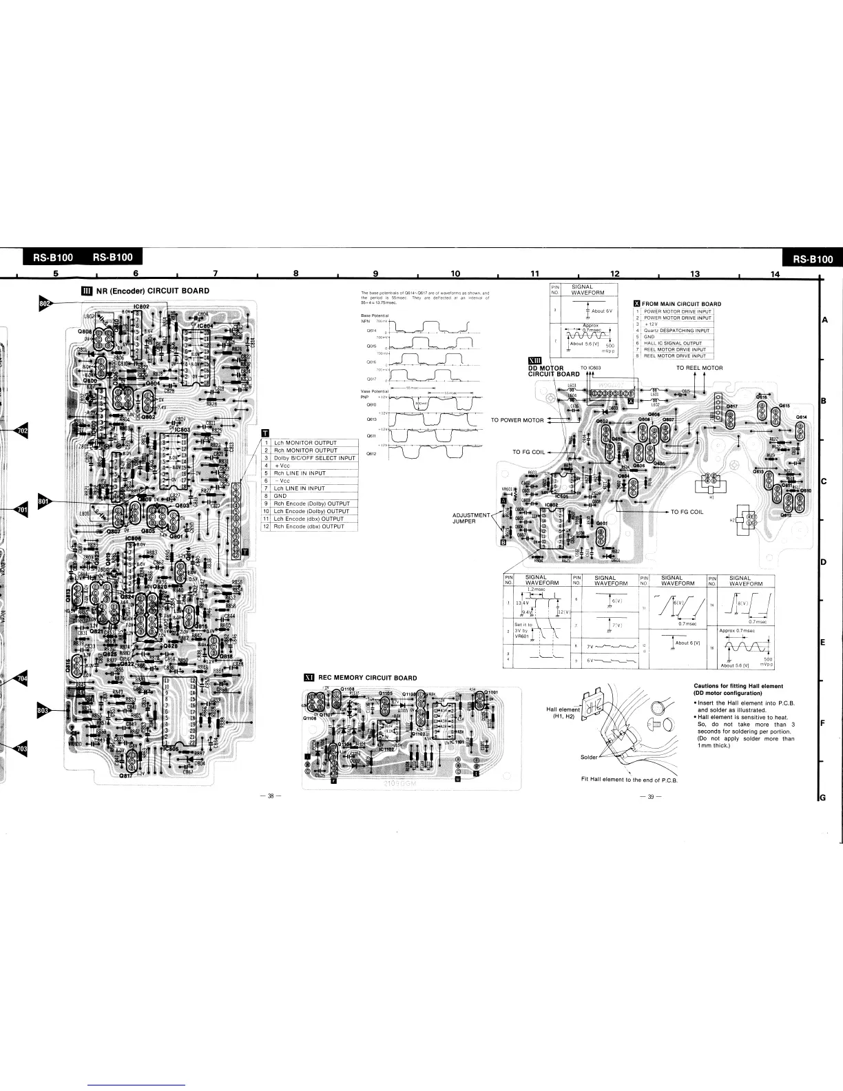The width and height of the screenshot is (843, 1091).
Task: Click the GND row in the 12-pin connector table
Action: pos(280,496)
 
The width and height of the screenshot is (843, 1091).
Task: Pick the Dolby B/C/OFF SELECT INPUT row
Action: pos(314,458)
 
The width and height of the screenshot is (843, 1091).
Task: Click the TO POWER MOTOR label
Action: pos(517,420)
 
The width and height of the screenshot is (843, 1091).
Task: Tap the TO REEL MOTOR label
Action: pos(699,368)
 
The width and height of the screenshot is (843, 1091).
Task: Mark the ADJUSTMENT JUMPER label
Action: pos(470,518)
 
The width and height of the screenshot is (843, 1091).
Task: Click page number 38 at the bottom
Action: pos(271,796)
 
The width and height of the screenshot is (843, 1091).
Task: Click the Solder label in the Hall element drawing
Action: pos(589,757)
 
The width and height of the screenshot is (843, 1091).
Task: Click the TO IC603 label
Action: pos(591,368)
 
